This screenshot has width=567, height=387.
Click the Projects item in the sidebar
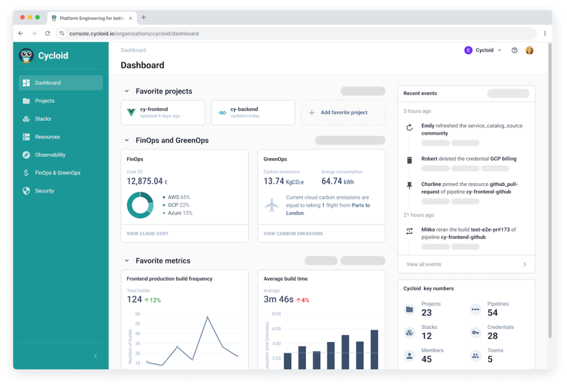click(44, 101)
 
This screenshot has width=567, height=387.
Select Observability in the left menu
click(50, 155)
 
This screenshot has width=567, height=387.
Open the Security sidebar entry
click(44, 191)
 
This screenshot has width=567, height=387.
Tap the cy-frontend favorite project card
click(163, 112)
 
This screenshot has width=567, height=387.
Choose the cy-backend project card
click(252, 112)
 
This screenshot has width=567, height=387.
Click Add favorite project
click(343, 112)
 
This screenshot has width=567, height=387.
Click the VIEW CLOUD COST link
click(147, 234)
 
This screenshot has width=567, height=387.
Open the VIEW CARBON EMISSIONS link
click(293, 234)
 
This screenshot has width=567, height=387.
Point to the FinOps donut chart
click(140, 205)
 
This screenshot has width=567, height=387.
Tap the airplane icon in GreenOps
click(272, 205)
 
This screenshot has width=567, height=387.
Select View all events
click(424, 264)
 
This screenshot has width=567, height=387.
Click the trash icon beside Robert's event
click(410, 160)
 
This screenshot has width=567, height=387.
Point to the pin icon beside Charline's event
click(410, 185)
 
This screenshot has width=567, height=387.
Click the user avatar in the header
click(529, 50)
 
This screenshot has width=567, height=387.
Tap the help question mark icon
click(514, 50)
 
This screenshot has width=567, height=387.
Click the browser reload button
click(48, 33)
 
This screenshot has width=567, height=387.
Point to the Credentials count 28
click(492, 336)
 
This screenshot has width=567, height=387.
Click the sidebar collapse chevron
click(95, 356)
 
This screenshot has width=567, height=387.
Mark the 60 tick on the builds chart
click(138, 314)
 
